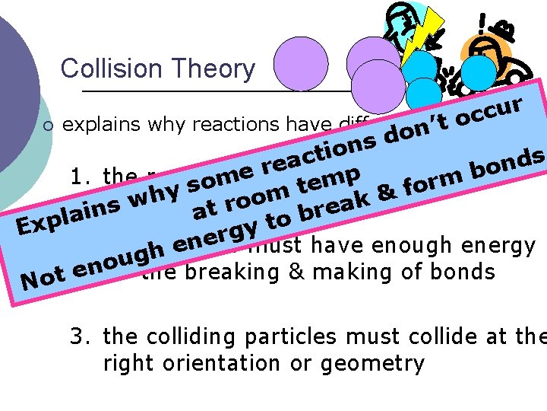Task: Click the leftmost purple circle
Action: coord(301,64)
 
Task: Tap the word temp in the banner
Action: coord(328,180)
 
